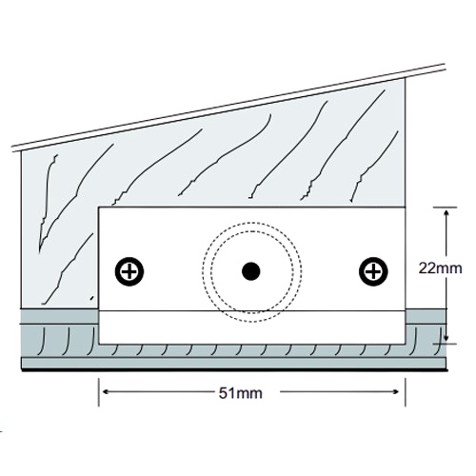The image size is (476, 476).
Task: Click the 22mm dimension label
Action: pos(440,268)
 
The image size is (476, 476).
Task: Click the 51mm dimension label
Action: pos(241,393)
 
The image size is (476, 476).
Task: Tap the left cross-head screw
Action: pos(129,271)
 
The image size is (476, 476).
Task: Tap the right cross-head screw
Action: pos(373,271)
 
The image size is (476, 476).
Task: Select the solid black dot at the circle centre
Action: pos(251,271)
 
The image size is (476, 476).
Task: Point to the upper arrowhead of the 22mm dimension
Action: pos(446,212)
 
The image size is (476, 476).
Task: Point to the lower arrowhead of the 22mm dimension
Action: pos(446,337)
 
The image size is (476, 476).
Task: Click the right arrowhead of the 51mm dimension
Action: pos(395,392)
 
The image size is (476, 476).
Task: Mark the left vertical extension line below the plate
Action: pos(99,392)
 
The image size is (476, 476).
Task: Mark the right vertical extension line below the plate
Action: pos(406,392)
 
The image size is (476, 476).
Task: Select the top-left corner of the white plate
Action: pos(99,208)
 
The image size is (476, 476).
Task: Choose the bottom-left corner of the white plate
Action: pos(99,344)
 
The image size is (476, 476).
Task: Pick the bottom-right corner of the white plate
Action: pos(406,344)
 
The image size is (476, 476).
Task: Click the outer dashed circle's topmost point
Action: pos(251,222)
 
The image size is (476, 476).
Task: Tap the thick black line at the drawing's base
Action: pos(234,370)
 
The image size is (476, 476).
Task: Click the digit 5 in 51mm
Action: pos(223,393)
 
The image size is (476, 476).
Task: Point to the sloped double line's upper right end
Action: pos(445,67)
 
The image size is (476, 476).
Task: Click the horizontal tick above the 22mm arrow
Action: pos(446,208)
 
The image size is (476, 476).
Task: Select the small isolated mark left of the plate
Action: pos(92,298)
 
